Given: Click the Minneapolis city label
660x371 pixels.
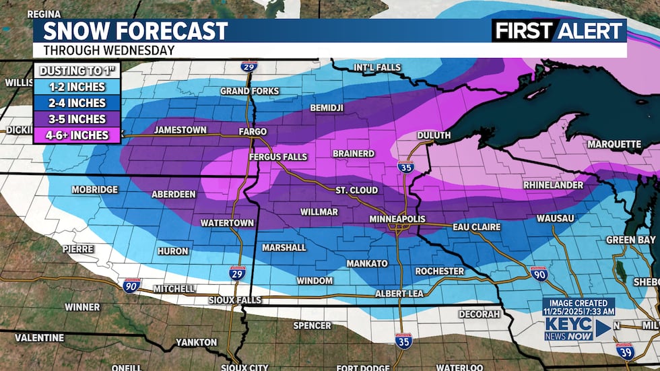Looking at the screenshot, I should point(400,220).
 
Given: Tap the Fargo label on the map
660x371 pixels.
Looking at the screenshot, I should point(252,131).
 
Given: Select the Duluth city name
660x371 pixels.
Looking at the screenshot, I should point(434,135).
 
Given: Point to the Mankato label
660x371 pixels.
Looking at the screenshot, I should point(367,263).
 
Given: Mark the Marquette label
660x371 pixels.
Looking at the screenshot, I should point(614,144).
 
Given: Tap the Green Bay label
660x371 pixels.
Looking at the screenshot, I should point(630,239).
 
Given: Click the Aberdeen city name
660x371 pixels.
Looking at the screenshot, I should point(173,194).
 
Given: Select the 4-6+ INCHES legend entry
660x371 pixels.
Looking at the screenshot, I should point(77,135).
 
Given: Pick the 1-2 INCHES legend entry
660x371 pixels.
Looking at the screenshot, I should point(77,87).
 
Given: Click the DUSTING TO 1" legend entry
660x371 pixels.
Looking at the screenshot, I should point(77,70).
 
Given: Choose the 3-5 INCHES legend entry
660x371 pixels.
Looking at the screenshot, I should point(77,119).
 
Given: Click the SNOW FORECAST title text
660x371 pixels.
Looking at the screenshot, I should point(135,31).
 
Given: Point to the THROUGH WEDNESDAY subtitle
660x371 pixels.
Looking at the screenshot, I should point(108,50).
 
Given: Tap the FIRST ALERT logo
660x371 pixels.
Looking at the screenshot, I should point(558,30).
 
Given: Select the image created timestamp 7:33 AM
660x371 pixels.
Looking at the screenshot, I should point(579,311).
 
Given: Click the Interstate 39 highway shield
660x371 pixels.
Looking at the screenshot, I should point(624,349).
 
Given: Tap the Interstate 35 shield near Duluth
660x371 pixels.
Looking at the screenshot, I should point(404,167).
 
